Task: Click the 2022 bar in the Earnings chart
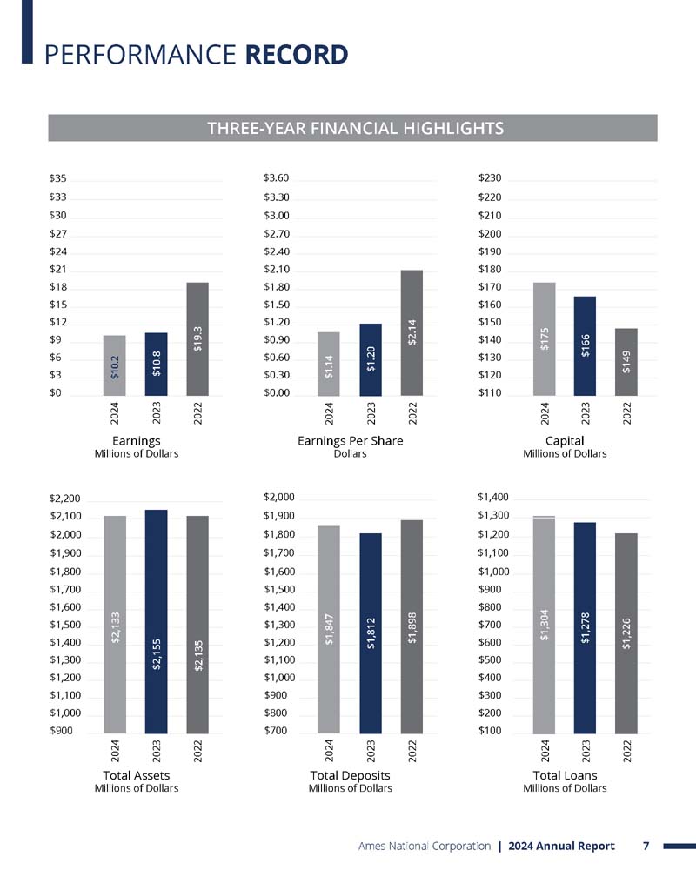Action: click(x=197, y=339)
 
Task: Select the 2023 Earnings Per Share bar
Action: click(x=371, y=359)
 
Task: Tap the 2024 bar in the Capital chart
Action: click(x=544, y=339)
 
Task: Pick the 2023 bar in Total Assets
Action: click(x=156, y=621)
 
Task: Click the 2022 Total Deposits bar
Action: click(x=412, y=626)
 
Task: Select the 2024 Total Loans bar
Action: click(x=544, y=625)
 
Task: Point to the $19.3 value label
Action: click(x=197, y=339)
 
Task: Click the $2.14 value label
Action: click(x=412, y=331)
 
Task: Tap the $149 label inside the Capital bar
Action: click(x=626, y=362)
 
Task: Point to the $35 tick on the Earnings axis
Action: click(x=57, y=178)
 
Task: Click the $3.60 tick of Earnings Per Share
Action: click(x=277, y=178)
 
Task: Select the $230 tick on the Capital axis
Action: click(x=490, y=178)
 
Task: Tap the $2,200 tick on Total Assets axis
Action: click(x=65, y=499)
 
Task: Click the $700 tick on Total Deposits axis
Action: click(x=275, y=731)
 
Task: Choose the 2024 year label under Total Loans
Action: click(x=545, y=751)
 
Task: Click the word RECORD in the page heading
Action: click(x=297, y=55)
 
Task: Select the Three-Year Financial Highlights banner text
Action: click(x=356, y=128)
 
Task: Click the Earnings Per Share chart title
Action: click(x=351, y=440)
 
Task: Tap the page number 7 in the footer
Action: click(x=646, y=846)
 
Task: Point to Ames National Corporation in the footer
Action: click(x=425, y=847)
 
